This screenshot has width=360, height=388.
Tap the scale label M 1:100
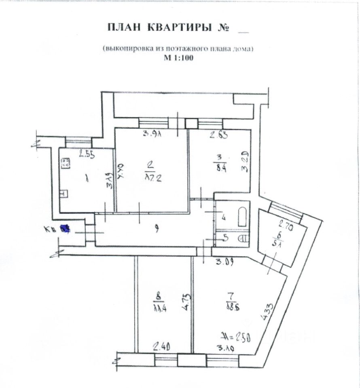click(178, 58)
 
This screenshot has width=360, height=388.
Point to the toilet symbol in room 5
click(243, 238)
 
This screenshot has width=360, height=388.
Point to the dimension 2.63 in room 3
click(218, 135)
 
